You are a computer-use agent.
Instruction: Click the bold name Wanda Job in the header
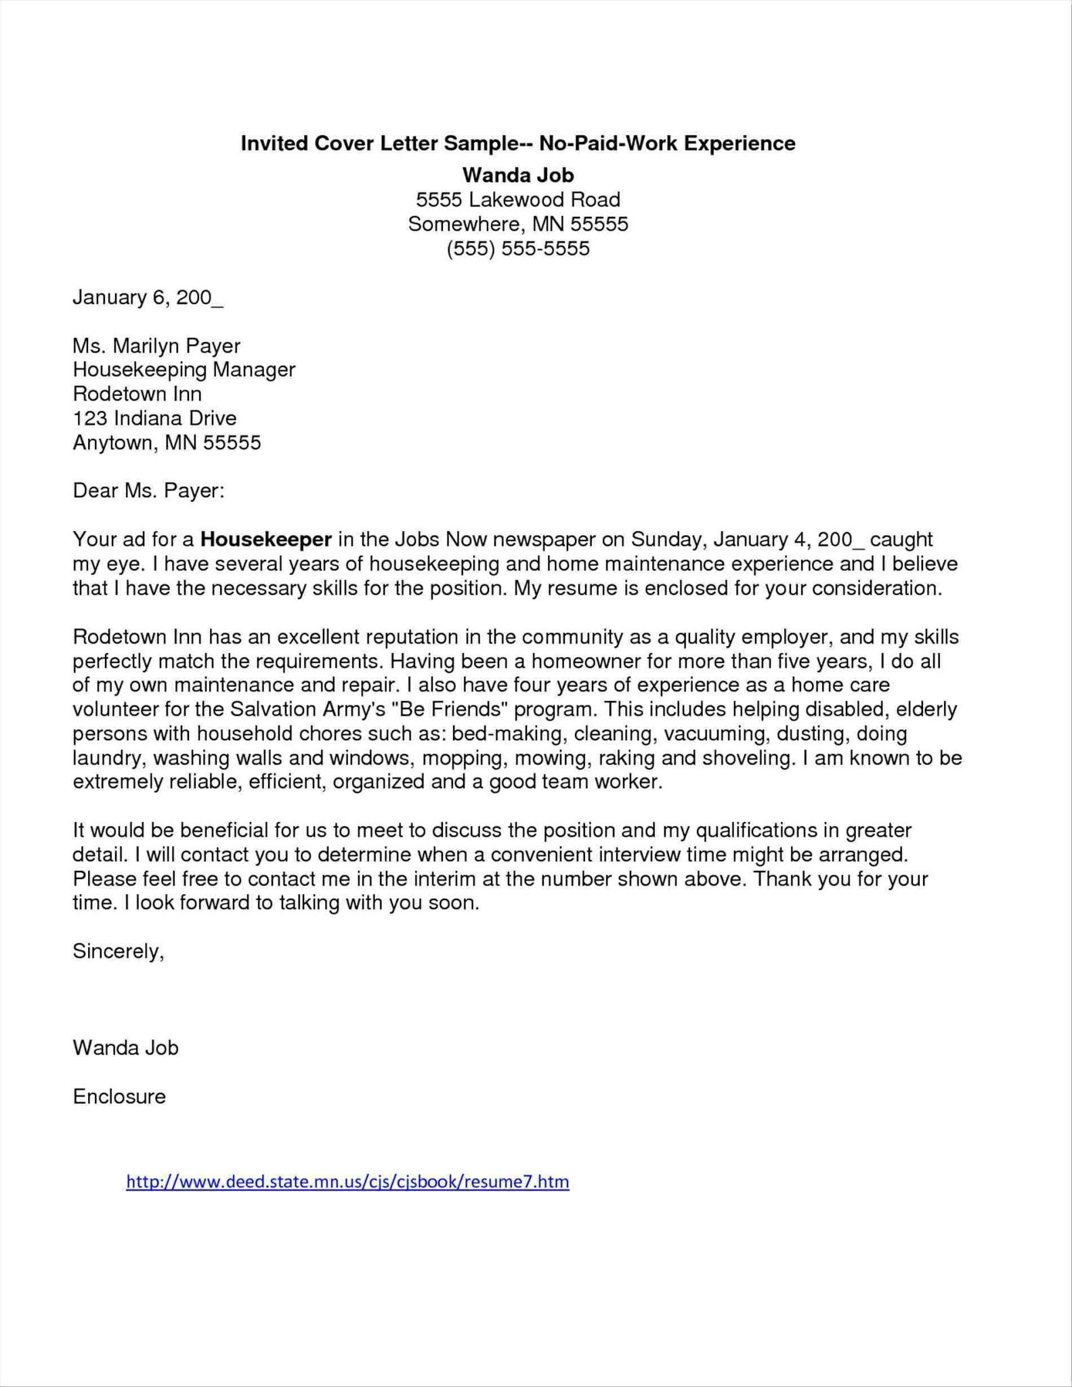pyautogui.click(x=518, y=175)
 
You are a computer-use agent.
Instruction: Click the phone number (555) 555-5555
pyautogui.click(x=518, y=249)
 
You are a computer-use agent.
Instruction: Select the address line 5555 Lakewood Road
pyautogui.click(x=518, y=200)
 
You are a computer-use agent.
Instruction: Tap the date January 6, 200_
pyautogui.click(x=148, y=298)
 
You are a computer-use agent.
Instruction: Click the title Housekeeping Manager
pyautogui.click(x=184, y=370)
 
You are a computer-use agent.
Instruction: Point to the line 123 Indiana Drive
pyautogui.click(x=154, y=419)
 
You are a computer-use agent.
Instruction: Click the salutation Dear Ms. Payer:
pyautogui.click(x=148, y=490)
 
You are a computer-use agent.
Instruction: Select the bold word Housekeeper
pyautogui.click(x=266, y=540)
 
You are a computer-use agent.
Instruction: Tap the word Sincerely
pyautogui.click(x=118, y=952)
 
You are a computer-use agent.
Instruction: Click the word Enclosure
pyautogui.click(x=119, y=1096)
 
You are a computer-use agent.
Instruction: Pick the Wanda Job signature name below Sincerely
pyautogui.click(x=125, y=1048)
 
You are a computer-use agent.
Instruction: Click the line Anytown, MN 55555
pyautogui.click(x=167, y=443)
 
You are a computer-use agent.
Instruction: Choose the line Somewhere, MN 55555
pyautogui.click(x=518, y=224)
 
